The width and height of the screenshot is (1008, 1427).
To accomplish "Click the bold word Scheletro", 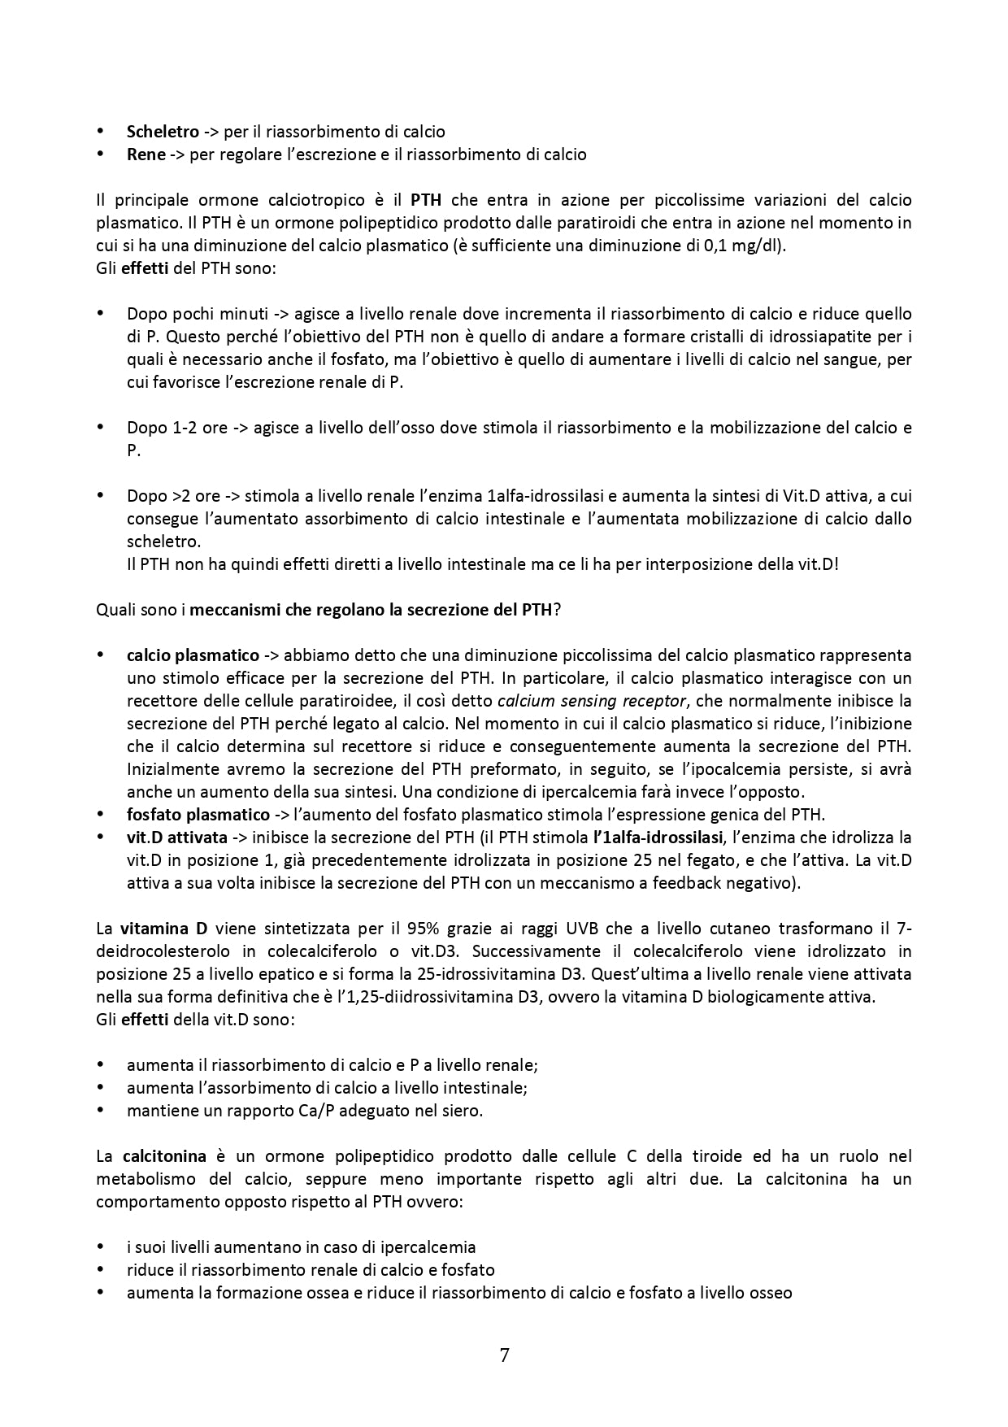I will coord(163,131).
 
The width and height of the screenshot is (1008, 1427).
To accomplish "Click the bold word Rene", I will coord(146,154).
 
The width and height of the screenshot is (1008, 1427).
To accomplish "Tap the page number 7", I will coord(504,1355).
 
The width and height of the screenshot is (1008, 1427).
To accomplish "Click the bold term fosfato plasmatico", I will coord(198,814).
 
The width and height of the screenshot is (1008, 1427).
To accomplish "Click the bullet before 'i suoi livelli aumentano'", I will coord(101,1246).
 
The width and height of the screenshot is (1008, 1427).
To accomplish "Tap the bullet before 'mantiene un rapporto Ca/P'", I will coord(101,1110).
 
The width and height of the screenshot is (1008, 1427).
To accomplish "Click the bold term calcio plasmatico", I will coord(193,655).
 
